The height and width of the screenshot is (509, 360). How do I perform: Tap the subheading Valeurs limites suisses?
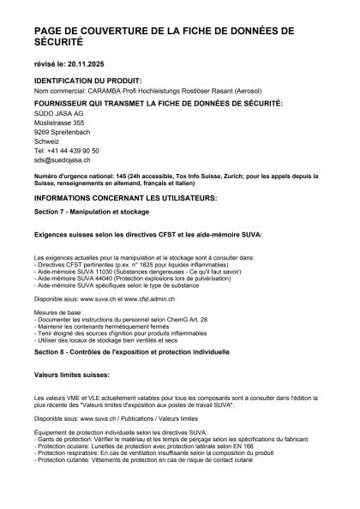pyautogui.click(x=71, y=375)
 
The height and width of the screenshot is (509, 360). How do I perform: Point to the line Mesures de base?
pyautogui.click(x=60, y=312)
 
